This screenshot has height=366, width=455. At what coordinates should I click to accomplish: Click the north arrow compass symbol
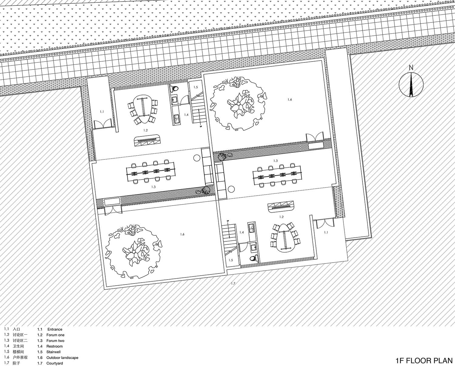(x=411, y=85)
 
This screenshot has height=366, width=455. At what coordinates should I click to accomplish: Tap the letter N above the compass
(x=411, y=68)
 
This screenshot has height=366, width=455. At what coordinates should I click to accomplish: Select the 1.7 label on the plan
(x=233, y=283)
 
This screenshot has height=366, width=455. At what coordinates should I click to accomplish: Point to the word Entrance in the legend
(x=55, y=329)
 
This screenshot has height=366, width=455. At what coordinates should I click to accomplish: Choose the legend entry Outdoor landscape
(x=62, y=358)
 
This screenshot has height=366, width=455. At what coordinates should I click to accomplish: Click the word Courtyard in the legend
(x=55, y=363)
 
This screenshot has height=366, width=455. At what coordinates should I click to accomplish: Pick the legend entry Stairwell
(x=54, y=352)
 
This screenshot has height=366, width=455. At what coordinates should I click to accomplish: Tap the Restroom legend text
(x=55, y=346)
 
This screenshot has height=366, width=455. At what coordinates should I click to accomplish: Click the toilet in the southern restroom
(x=253, y=258)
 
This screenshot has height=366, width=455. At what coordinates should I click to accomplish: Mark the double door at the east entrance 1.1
(x=324, y=224)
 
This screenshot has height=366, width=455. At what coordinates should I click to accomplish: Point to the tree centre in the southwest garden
(x=133, y=252)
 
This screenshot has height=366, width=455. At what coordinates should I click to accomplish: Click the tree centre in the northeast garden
(x=239, y=104)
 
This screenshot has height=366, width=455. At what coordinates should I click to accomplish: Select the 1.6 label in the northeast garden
(x=290, y=99)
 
